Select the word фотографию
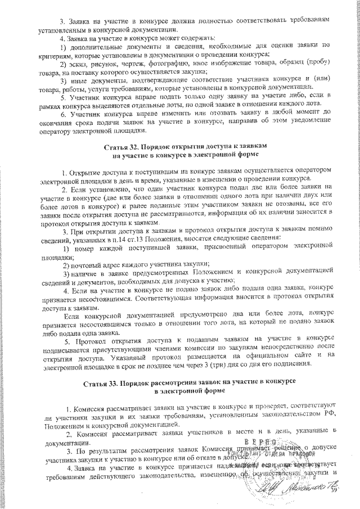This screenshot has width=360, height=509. point(163,63)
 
